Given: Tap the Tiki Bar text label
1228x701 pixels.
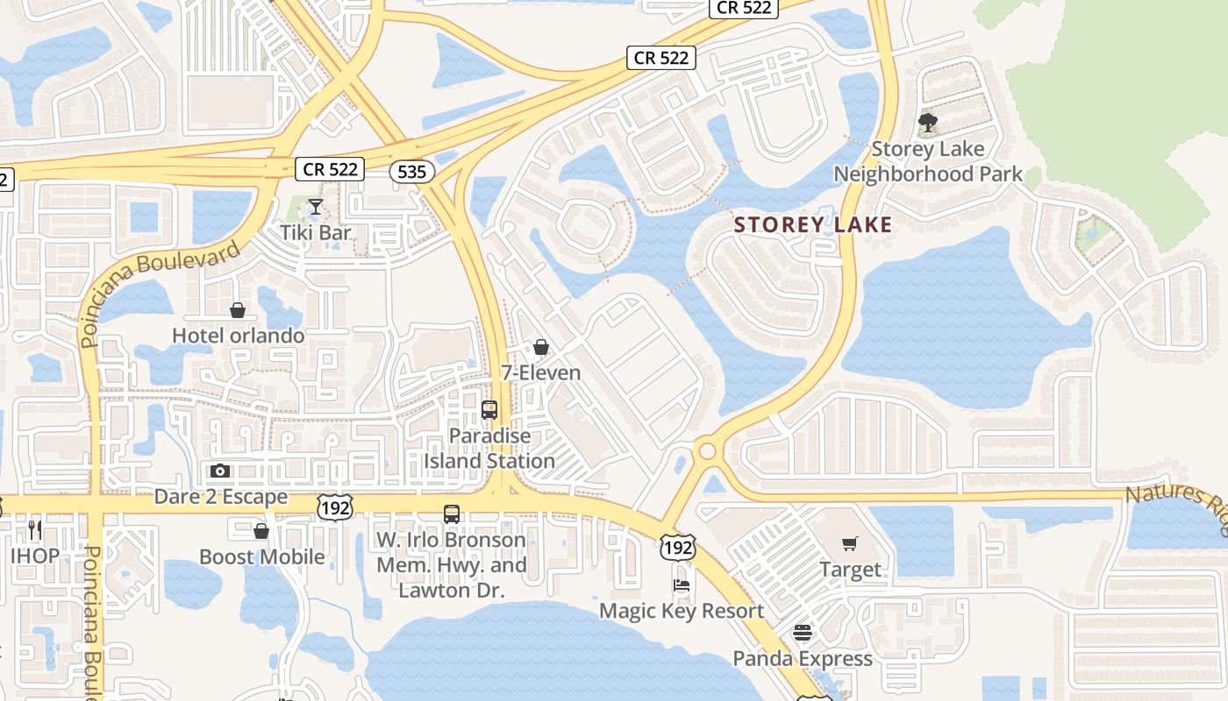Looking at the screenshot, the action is pyautogui.click(x=316, y=233).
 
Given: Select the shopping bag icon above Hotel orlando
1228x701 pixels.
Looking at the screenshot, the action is pyautogui.click(x=237, y=310).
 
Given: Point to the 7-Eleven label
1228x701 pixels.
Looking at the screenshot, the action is pyautogui.click(x=541, y=372).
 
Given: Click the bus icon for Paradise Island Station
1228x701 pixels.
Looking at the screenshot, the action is pyautogui.click(x=489, y=410).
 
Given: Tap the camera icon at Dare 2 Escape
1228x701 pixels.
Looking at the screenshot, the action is pyautogui.click(x=220, y=471).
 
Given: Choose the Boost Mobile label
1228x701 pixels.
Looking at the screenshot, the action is pyautogui.click(x=261, y=557).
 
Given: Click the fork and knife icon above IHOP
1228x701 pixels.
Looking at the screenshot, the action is pyautogui.click(x=35, y=529).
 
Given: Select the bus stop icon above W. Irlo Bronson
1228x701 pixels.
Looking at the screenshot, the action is pyautogui.click(x=452, y=514).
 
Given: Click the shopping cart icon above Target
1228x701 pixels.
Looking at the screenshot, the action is pyautogui.click(x=849, y=544).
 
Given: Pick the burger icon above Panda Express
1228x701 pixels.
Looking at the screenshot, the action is pyautogui.click(x=803, y=633).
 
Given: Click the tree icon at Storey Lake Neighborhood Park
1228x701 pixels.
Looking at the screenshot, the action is pyautogui.click(x=928, y=123).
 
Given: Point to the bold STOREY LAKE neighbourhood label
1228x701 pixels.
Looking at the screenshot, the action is pyautogui.click(x=812, y=225).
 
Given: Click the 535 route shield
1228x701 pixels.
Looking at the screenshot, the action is pyautogui.click(x=411, y=172).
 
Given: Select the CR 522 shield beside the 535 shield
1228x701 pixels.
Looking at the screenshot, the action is pyautogui.click(x=329, y=169).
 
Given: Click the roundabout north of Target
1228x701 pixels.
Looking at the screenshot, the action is pyautogui.click(x=707, y=452).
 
